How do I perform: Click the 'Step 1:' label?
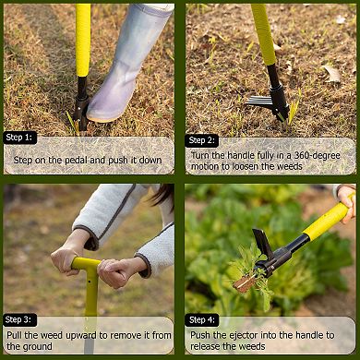(x=20, y=137)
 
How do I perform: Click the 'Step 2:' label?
(x=202, y=140)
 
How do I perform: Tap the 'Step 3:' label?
(x=20, y=318)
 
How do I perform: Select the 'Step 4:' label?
(x=202, y=319)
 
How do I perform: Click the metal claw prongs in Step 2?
(x=262, y=102)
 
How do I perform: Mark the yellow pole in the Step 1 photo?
(x=83, y=37)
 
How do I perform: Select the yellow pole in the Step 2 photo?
(x=262, y=32)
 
